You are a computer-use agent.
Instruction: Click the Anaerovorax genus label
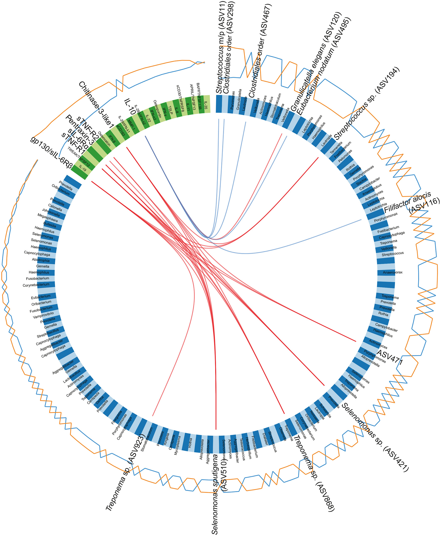point(392,272)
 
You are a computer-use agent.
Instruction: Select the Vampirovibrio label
point(44,315)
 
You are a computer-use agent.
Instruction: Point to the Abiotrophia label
point(41,260)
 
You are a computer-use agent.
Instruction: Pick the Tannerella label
point(336,147)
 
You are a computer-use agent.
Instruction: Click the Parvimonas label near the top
point(233,100)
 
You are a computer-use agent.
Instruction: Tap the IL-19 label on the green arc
point(83,168)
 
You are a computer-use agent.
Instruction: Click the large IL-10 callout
point(130,107)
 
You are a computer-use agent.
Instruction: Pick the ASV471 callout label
point(389,357)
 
